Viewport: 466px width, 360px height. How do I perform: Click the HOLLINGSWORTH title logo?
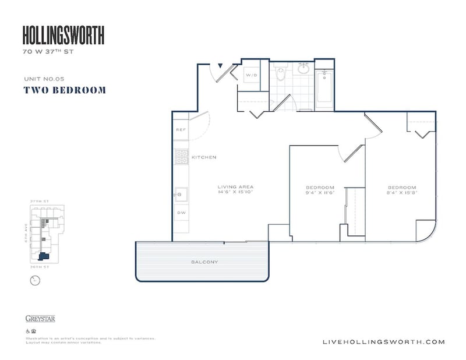click(x=63, y=36)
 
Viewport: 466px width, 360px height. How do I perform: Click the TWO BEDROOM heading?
click(x=65, y=90)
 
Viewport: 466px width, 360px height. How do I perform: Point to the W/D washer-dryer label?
click(x=251, y=76)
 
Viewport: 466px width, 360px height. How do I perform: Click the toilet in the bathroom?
click(x=281, y=74)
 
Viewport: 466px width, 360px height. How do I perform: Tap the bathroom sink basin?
click(x=303, y=69)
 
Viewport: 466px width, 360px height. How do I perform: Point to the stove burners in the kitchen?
click(x=181, y=157)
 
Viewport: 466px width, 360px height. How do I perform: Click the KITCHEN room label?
click(x=204, y=157)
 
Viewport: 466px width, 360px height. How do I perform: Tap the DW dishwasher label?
click(x=181, y=213)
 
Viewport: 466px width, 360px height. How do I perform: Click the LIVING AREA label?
click(x=236, y=187)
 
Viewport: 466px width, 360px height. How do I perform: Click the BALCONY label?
click(x=204, y=262)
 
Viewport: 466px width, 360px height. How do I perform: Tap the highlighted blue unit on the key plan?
click(x=43, y=256)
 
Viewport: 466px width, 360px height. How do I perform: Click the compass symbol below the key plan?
click(x=34, y=280)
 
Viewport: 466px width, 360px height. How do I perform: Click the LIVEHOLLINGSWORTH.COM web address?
click(x=383, y=342)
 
